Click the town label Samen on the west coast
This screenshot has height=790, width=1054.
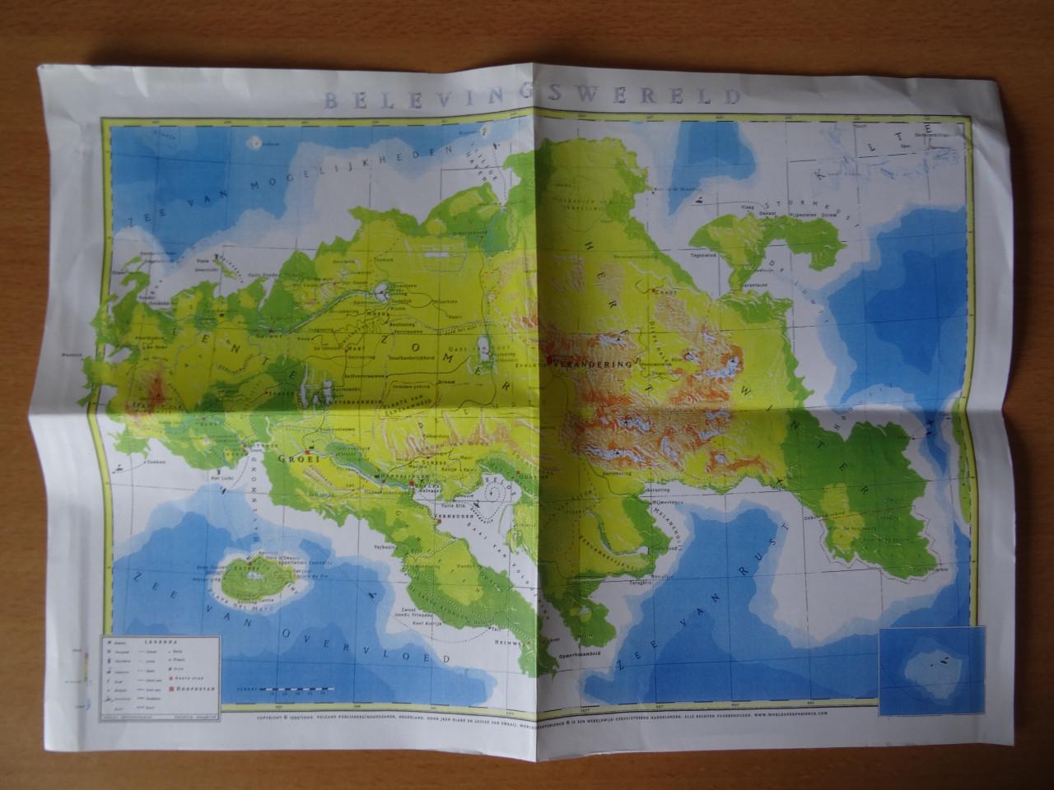[x=156, y=464]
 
